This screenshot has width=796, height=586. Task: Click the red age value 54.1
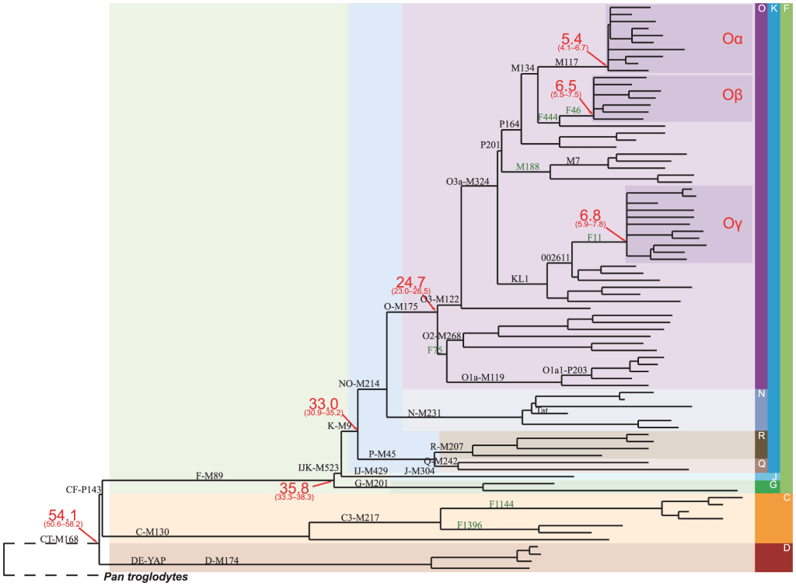[63, 514]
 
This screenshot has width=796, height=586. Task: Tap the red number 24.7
[410, 281]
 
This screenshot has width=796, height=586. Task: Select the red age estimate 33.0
[323, 403]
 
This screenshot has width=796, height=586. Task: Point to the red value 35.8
[294, 487]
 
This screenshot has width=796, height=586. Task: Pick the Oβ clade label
[732, 95]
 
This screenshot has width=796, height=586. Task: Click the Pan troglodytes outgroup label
[146, 577]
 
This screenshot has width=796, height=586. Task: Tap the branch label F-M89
[209, 474]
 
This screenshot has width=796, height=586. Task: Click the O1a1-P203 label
[564, 370]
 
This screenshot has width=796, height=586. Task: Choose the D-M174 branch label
[222, 560]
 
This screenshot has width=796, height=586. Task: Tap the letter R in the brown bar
[761, 435]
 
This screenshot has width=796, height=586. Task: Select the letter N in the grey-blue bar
[761, 393]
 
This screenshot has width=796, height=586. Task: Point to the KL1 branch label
[520, 277]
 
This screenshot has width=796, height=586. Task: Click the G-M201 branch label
[371, 483]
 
